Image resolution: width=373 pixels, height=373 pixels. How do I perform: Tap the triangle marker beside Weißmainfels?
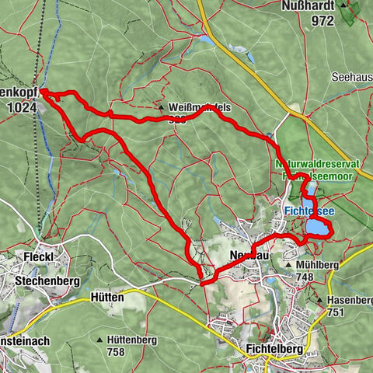(x=160, y=107)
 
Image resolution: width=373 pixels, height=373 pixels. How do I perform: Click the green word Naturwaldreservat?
(x=313, y=166)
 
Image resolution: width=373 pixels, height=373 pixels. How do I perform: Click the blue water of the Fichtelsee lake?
(x=317, y=227)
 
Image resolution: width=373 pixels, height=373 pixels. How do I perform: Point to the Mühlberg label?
(x=317, y=264)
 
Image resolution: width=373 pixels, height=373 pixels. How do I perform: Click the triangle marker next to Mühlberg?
(x=288, y=264)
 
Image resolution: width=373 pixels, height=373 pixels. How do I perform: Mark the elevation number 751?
(x=336, y=312)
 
